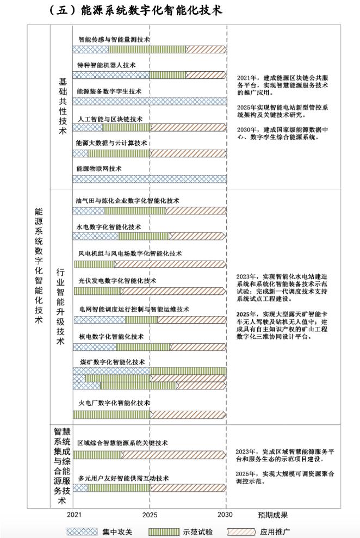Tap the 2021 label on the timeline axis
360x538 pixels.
[74, 515]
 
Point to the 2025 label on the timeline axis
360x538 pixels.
[150, 515]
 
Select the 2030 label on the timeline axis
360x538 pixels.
[226, 515]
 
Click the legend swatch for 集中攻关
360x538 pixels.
[83, 531]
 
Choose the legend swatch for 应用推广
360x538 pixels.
[244, 531]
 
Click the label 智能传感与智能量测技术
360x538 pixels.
[114, 40]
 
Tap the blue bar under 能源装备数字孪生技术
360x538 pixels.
[150, 101]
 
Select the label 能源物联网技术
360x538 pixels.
[99, 169]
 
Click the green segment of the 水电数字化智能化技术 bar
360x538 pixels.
[144, 237]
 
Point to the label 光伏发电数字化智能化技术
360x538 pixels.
[117, 281]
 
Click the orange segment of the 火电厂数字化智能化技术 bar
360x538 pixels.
[188, 415]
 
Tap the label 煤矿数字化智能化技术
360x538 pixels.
[111, 362]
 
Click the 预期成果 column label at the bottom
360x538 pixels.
[272, 515]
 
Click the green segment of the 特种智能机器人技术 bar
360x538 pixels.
[167, 75]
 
